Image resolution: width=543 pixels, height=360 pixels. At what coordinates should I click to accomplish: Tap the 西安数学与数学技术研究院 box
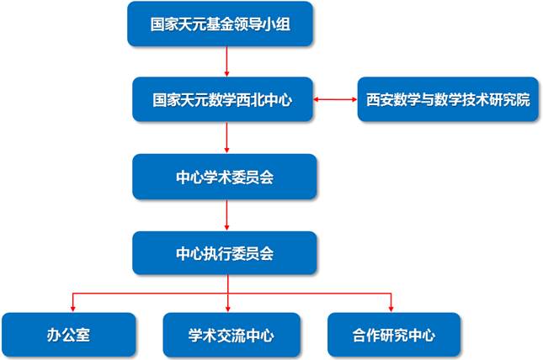[449, 98]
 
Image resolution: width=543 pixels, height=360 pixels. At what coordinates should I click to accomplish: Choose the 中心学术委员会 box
[225, 176]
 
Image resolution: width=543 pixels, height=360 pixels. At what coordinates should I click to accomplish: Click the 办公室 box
[69, 335]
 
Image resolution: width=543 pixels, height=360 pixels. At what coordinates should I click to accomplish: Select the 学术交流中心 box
[230, 335]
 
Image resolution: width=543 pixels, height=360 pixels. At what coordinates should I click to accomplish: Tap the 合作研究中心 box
[394, 335]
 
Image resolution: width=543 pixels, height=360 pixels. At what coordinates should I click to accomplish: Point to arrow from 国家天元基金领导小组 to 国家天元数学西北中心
[227, 61]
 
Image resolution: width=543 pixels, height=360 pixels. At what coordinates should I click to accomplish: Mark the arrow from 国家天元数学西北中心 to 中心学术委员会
[227, 137]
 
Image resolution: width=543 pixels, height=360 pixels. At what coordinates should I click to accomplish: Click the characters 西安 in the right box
[379, 98]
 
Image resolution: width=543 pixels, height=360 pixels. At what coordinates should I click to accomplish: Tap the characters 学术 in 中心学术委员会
[213, 176]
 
